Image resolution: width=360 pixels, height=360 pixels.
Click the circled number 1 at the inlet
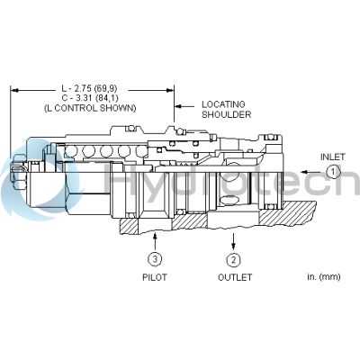(x=333, y=171)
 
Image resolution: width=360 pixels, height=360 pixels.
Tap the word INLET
(x=333, y=157)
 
